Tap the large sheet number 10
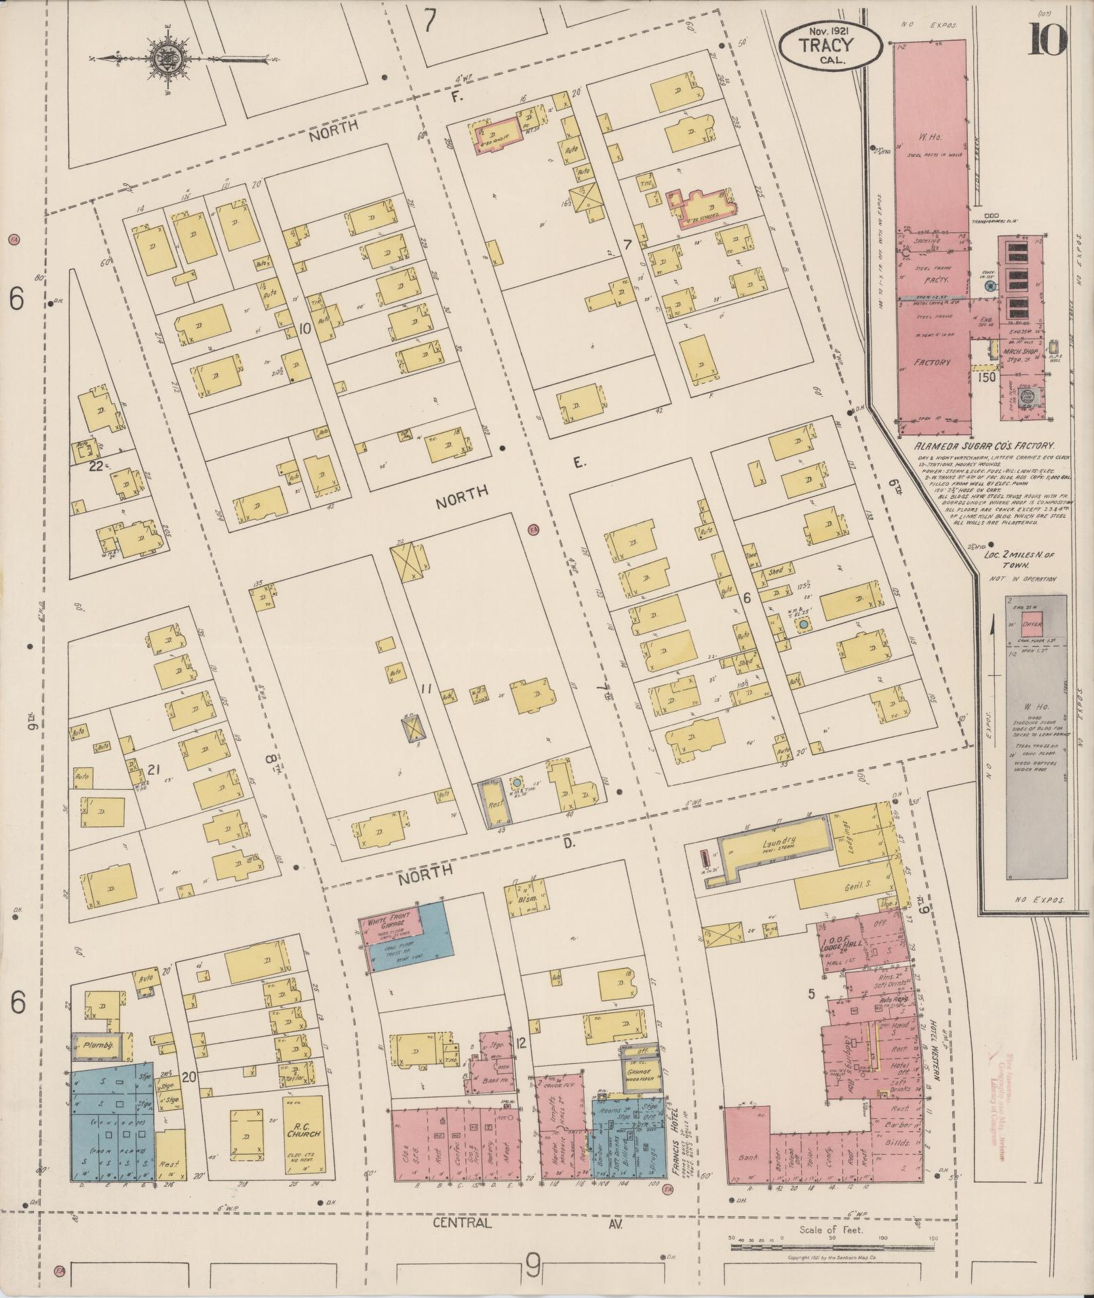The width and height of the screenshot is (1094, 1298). click(1047, 39)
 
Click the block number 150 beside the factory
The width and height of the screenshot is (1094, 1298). click(988, 376)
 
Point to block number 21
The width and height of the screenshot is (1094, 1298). click(153, 769)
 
